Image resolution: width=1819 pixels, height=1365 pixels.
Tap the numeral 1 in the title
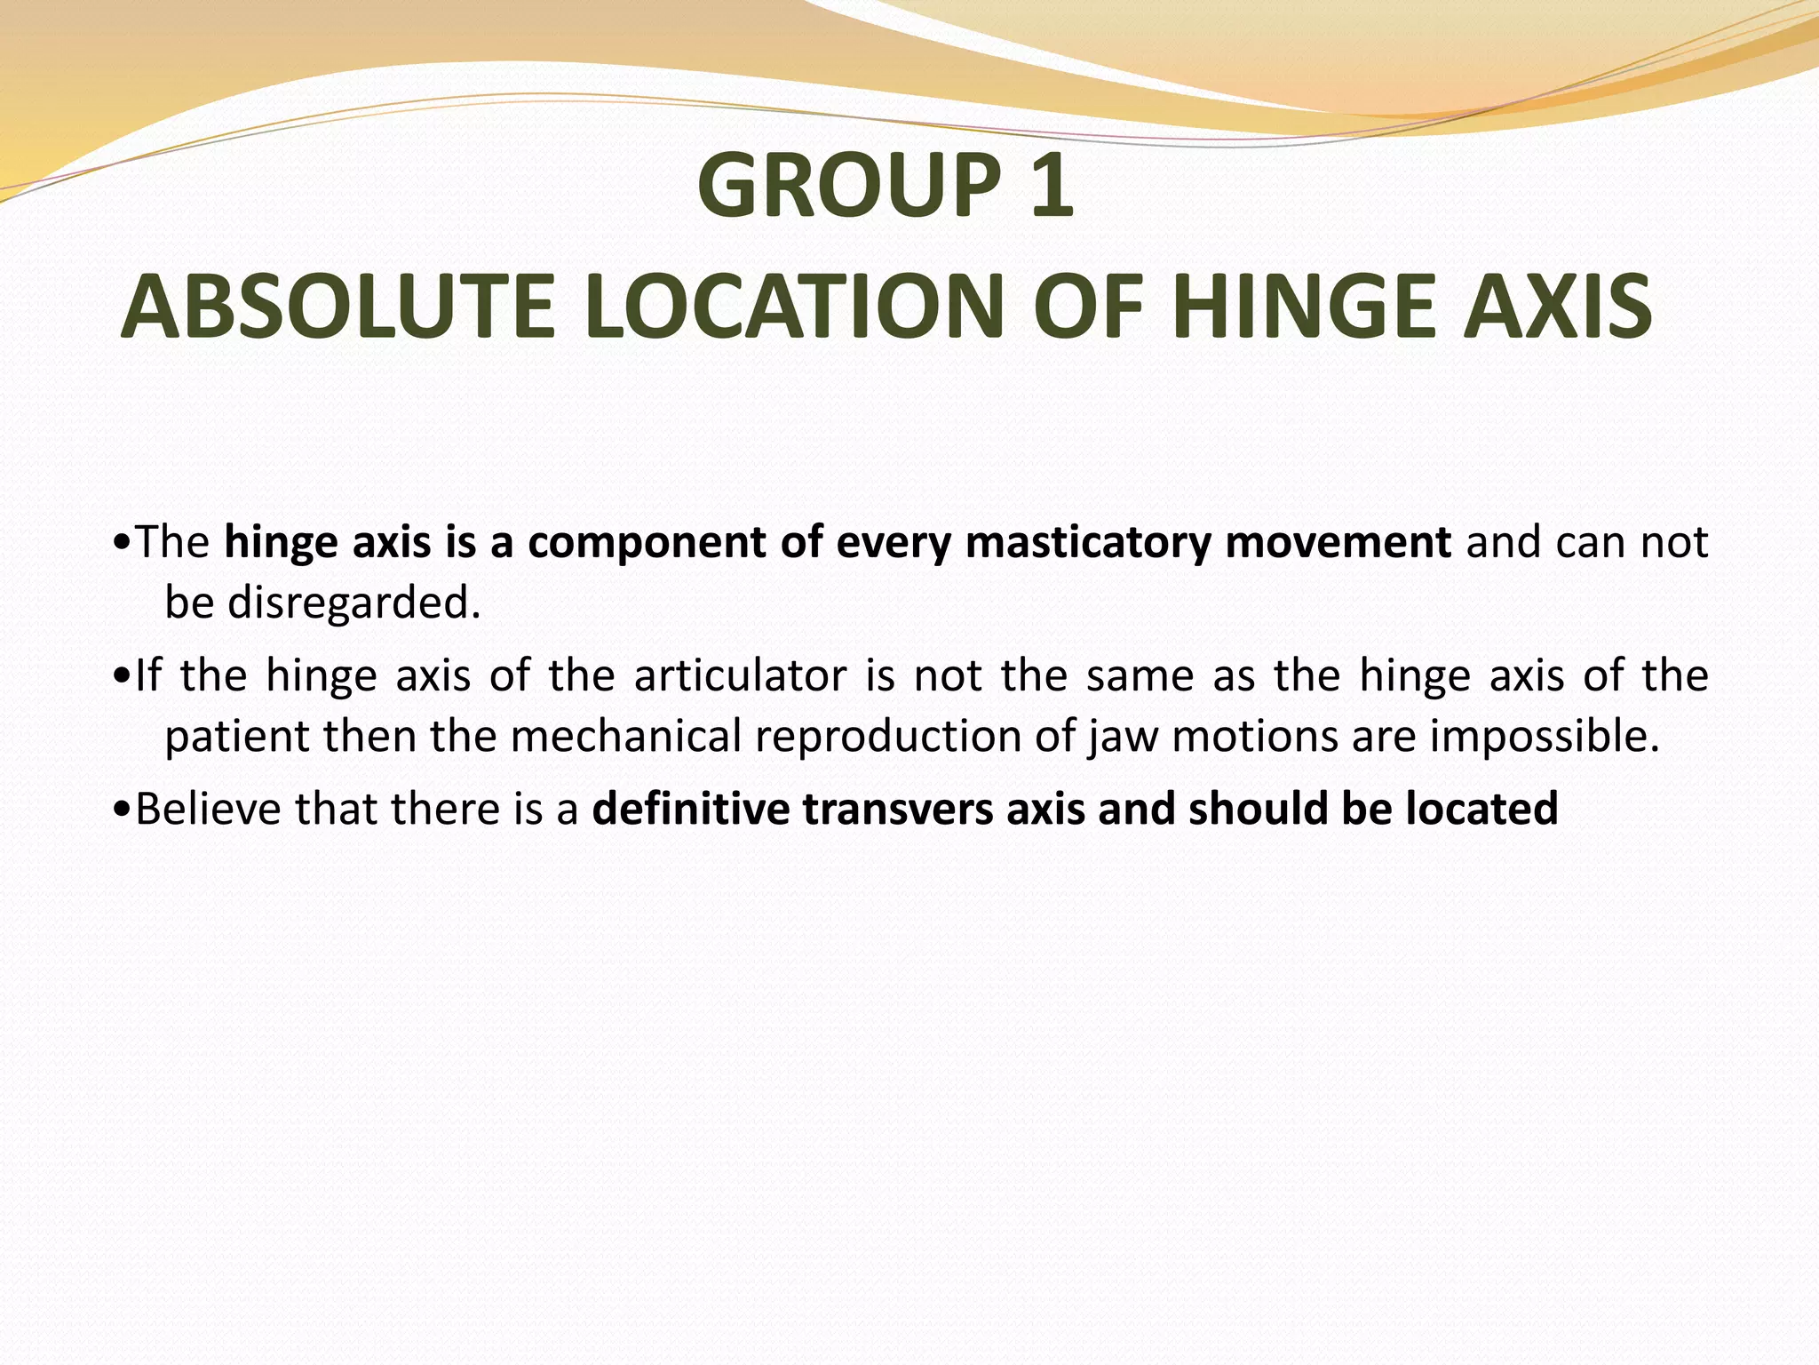[1052, 186]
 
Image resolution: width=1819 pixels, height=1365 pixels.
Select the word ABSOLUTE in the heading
[338, 307]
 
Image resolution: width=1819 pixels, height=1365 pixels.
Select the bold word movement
[1338, 541]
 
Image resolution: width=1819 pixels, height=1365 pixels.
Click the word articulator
[740, 675]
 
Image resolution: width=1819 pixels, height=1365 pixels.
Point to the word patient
[237, 737]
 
